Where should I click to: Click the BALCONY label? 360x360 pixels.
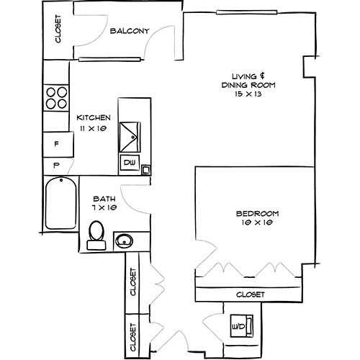coord(130,31)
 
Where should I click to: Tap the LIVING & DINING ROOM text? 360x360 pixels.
coord(249,80)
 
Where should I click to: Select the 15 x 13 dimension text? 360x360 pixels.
coord(249,96)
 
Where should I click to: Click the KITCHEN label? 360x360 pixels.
coord(93,117)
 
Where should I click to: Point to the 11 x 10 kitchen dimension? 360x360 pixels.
coord(93,128)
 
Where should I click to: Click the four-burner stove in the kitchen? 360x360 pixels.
coord(56,98)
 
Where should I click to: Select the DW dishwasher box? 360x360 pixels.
coord(130,163)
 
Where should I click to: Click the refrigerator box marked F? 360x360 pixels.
coord(56,145)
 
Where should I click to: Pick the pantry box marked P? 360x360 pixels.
coord(56,165)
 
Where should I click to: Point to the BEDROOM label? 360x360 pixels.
coord(257,214)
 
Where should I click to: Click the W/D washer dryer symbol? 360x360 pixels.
coord(238,326)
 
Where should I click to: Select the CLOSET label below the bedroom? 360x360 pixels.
coord(251,294)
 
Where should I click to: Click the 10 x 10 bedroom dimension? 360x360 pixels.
coord(257,225)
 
